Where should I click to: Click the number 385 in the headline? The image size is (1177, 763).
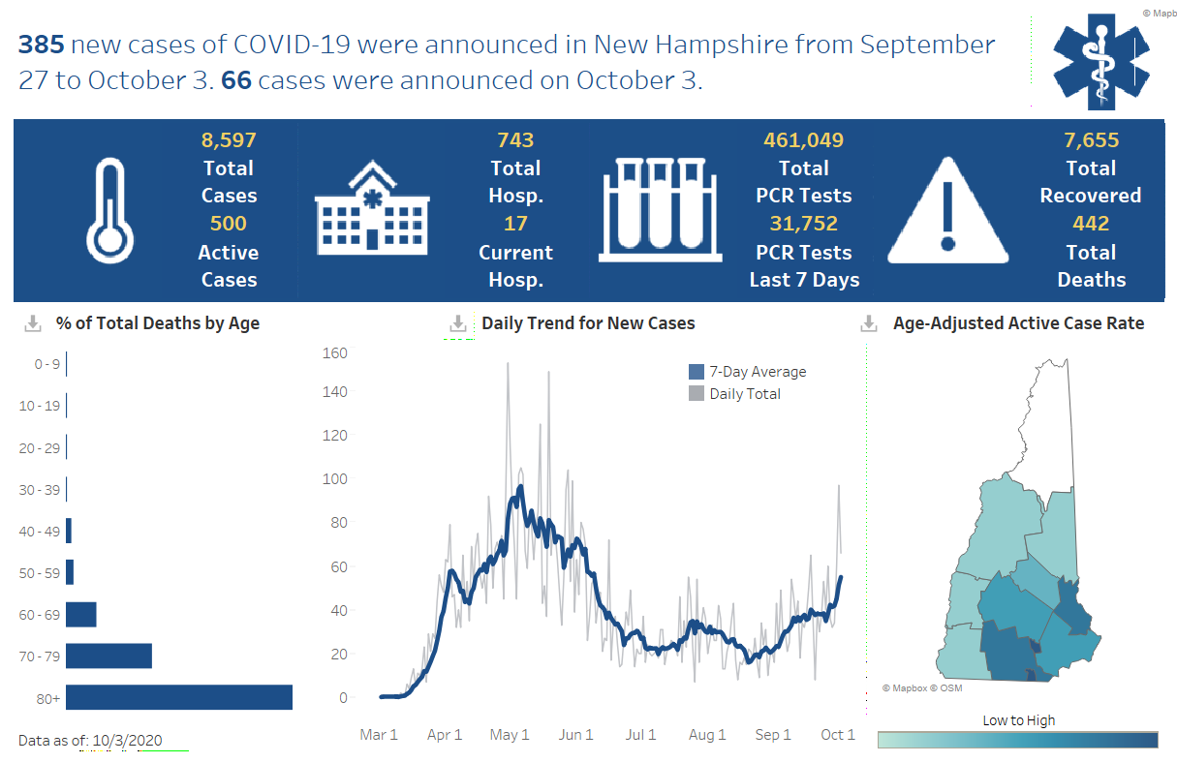41,45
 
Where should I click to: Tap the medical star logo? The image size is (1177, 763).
1100,60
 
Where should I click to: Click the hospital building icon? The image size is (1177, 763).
372,210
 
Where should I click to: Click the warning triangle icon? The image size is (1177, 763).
948,212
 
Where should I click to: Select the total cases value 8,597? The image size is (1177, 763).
229,140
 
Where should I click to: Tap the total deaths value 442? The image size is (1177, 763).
1091,224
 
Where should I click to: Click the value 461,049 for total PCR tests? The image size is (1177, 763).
804,140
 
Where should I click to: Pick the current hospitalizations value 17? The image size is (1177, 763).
515,224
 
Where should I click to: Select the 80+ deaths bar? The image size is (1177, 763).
179,697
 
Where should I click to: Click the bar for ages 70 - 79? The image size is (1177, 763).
108,656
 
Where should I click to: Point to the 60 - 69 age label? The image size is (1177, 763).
40,615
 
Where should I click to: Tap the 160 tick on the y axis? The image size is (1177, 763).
335,352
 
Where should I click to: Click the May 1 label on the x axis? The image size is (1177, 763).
510,735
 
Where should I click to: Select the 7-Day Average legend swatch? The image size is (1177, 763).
697,372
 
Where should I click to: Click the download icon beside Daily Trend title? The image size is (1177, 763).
458,324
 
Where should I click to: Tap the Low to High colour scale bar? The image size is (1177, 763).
1017,740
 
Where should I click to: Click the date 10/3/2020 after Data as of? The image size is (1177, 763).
127,741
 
